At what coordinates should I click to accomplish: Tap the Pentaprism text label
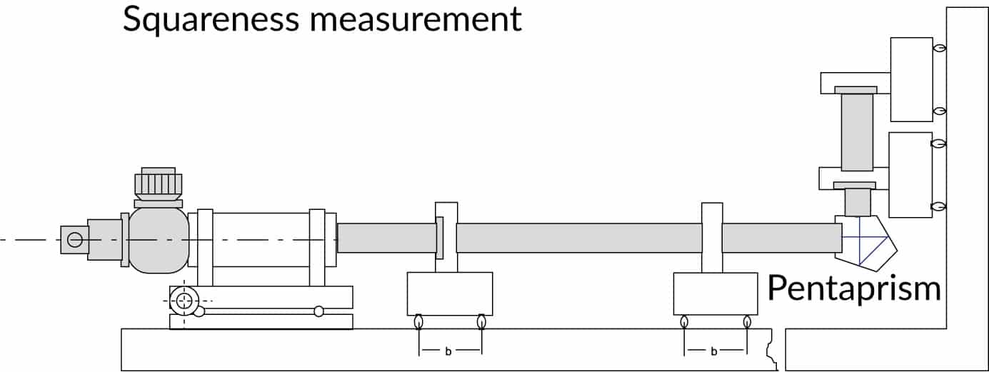(x=853, y=288)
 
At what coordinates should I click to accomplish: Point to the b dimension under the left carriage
(x=448, y=351)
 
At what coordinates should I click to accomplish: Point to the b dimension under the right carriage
(x=716, y=351)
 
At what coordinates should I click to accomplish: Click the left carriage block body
(x=449, y=293)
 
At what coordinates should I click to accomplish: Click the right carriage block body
(x=716, y=293)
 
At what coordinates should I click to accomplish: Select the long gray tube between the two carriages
(x=578, y=238)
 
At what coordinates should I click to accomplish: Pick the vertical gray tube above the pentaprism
(x=857, y=133)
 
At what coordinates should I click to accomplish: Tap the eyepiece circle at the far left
(x=74, y=239)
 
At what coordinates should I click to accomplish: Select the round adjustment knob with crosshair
(x=184, y=300)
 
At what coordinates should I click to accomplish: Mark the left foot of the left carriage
(x=418, y=321)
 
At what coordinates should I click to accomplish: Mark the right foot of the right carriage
(x=747, y=321)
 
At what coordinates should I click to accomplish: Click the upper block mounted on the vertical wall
(x=911, y=79)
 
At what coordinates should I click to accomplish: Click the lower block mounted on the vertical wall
(x=910, y=174)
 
